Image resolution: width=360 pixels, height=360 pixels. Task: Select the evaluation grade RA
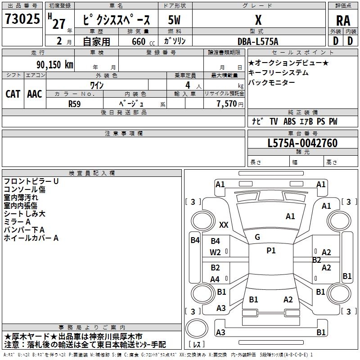point(342,21)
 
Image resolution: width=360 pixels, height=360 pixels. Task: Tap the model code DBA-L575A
point(258,41)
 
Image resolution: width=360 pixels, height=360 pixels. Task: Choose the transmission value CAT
point(13,94)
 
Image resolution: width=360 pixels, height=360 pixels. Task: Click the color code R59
point(75,103)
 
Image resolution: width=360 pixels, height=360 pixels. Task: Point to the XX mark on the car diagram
point(224,225)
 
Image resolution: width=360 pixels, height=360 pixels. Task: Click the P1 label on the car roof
point(271,251)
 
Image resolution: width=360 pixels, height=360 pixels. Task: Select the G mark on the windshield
point(257,237)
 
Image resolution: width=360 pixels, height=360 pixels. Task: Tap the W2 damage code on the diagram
point(216,252)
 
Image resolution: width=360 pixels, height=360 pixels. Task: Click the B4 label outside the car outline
point(194,240)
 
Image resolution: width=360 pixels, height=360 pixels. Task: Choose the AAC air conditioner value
point(35,94)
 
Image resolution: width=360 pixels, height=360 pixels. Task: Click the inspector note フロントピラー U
point(31,181)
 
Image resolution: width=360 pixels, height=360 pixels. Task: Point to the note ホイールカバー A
point(31,238)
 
